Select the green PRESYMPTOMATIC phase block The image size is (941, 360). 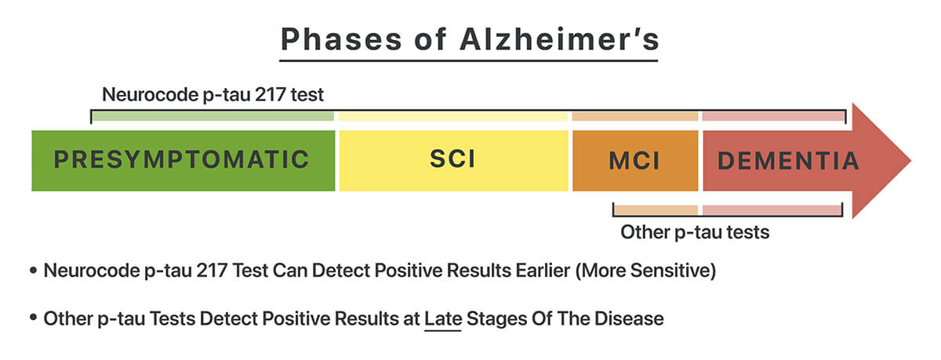(182, 160)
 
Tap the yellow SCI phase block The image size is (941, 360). (452, 160)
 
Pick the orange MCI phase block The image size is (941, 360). (634, 161)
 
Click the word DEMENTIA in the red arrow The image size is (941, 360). (788, 161)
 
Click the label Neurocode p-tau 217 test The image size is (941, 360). (213, 96)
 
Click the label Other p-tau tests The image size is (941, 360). (695, 232)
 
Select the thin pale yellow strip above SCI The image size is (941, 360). (452, 116)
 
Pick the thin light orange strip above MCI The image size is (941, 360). (634, 116)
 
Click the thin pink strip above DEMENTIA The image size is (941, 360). (773, 116)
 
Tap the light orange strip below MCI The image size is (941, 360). (656, 210)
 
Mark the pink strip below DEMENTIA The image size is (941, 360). (772, 210)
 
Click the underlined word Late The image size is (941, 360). (443, 319)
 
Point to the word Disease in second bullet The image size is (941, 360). (632, 319)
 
